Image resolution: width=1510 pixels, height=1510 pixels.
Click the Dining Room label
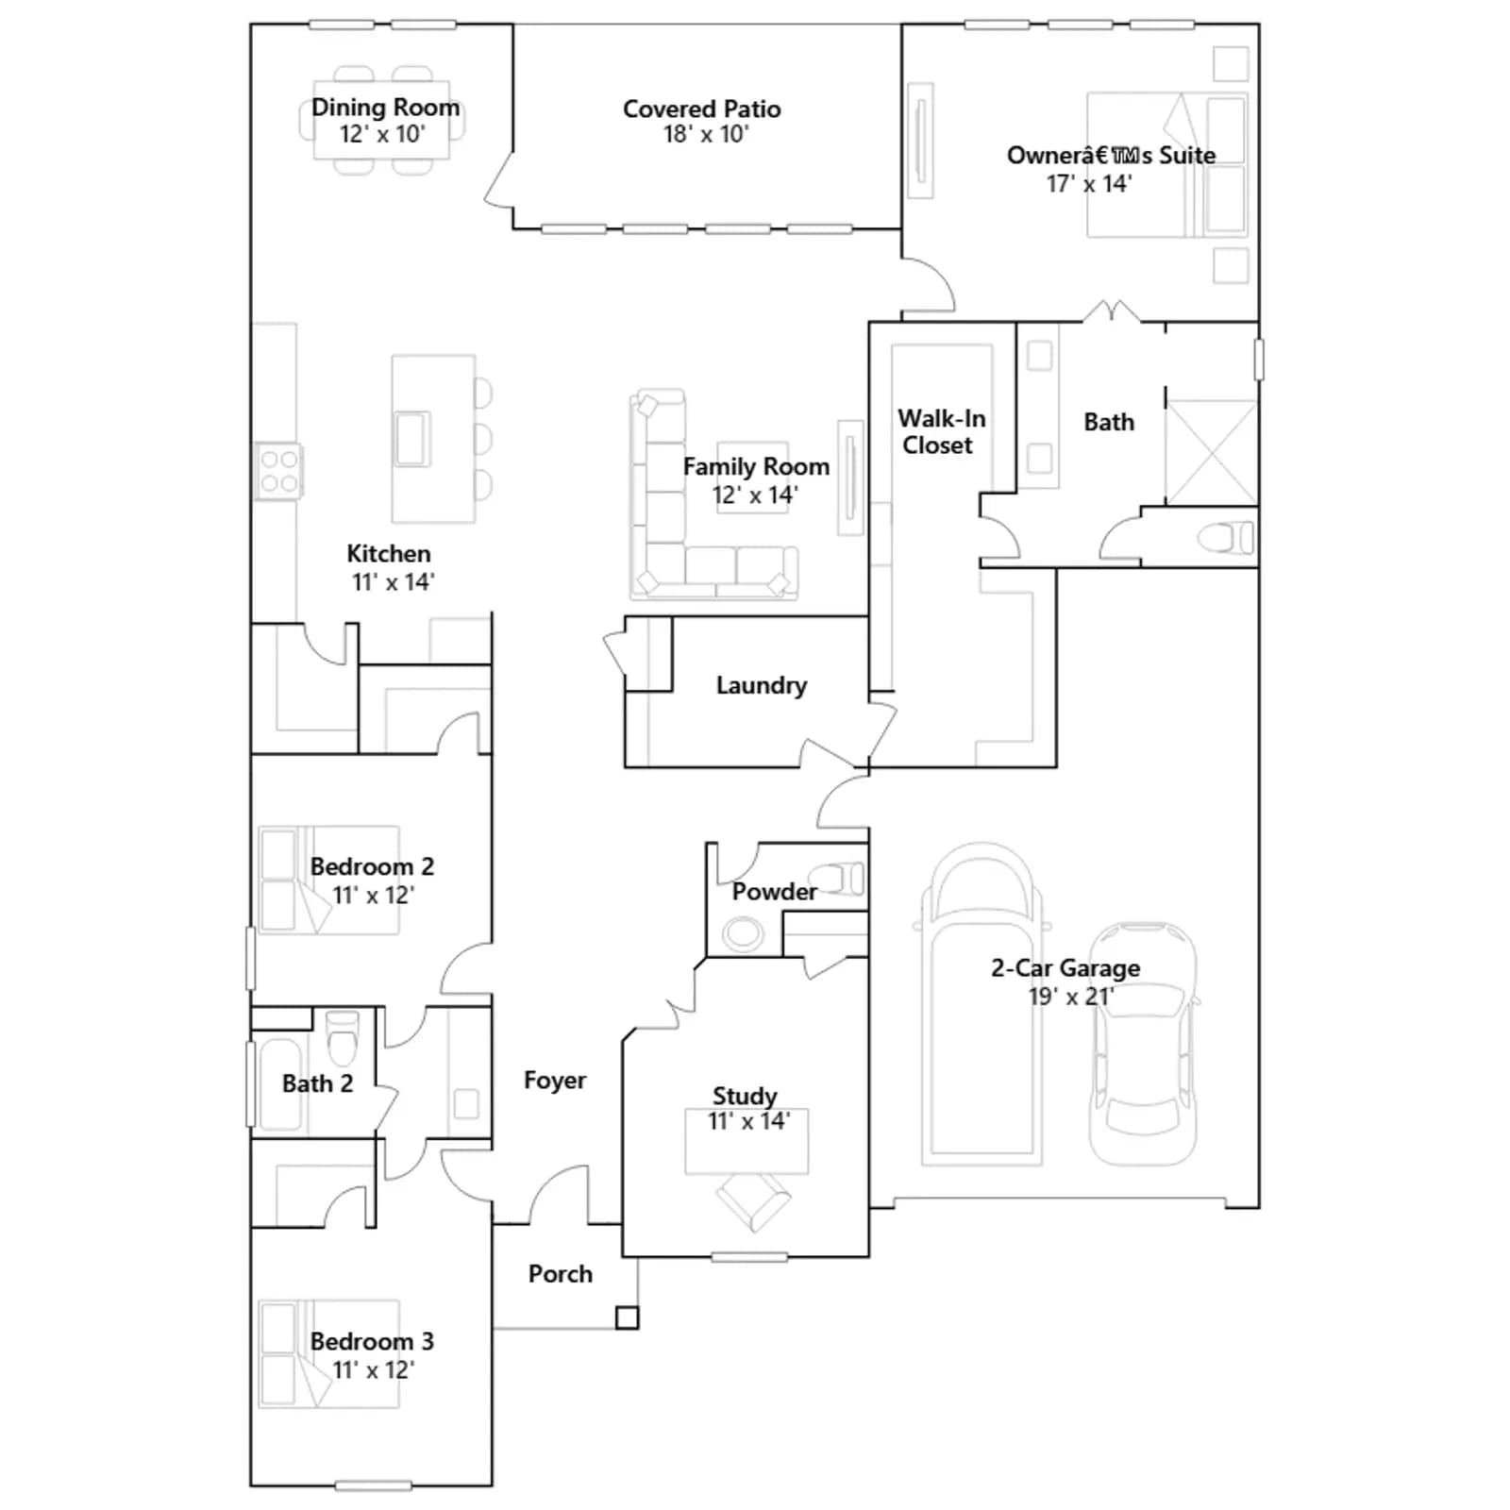[x=386, y=108]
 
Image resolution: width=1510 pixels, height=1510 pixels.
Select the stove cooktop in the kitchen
[x=278, y=471]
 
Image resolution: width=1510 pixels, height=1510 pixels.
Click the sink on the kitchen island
[x=412, y=439]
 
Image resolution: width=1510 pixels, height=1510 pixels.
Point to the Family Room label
[x=756, y=466]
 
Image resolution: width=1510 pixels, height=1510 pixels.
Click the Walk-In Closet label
[x=941, y=431]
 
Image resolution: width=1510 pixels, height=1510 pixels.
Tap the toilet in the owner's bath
[x=1226, y=538]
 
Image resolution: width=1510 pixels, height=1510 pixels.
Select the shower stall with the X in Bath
[x=1212, y=452]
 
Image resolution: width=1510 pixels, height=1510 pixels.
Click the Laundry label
[x=761, y=685]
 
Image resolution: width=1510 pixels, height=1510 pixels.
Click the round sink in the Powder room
[x=744, y=934]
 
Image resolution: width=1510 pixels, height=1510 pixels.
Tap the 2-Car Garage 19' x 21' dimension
[x=1071, y=997]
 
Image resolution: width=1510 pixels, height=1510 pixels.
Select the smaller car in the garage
[x=1143, y=1044]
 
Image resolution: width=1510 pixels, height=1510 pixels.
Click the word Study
[x=745, y=1096]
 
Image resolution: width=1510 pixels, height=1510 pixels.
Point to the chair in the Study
[x=753, y=1202]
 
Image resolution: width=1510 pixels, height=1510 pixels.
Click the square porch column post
[x=627, y=1317]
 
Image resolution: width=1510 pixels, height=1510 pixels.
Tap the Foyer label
[x=555, y=1081]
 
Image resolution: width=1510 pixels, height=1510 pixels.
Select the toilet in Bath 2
[x=342, y=1036]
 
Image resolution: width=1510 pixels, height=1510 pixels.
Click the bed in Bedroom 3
[x=329, y=1353]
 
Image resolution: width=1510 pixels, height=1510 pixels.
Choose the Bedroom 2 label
[x=372, y=866]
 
